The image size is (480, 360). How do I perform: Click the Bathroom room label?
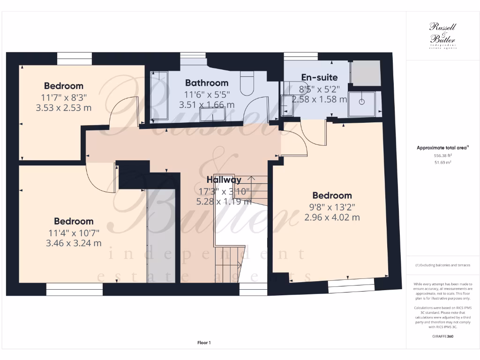coord(206,83)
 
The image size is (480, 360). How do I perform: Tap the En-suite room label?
coord(319,77)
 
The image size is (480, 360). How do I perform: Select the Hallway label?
coord(224,180)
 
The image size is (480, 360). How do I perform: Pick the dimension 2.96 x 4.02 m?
coord(332,217)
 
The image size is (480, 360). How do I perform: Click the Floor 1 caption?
coord(204,343)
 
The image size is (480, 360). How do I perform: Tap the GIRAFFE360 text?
coord(443,336)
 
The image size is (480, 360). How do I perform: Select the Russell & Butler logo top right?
coord(443,35)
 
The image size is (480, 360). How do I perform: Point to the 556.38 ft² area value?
coord(443,155)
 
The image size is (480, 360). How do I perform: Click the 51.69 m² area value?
coord(443,162)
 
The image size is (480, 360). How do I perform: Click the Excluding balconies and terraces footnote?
coord(443,265)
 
